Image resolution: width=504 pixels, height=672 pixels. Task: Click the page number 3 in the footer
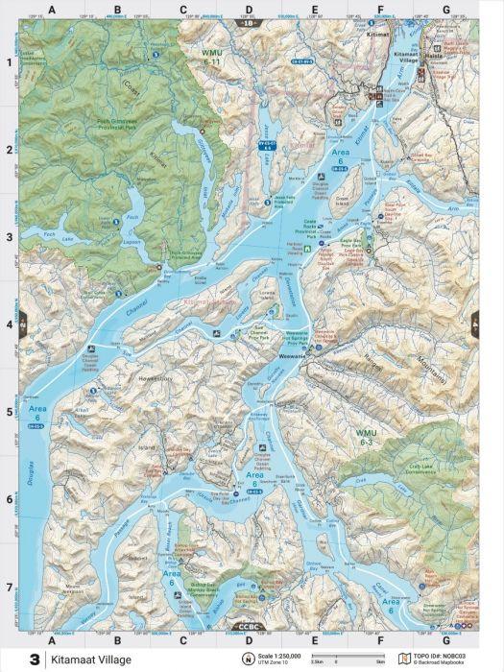click(x=36, y=660)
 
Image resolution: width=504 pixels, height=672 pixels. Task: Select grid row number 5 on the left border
click(x=10, y=413)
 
